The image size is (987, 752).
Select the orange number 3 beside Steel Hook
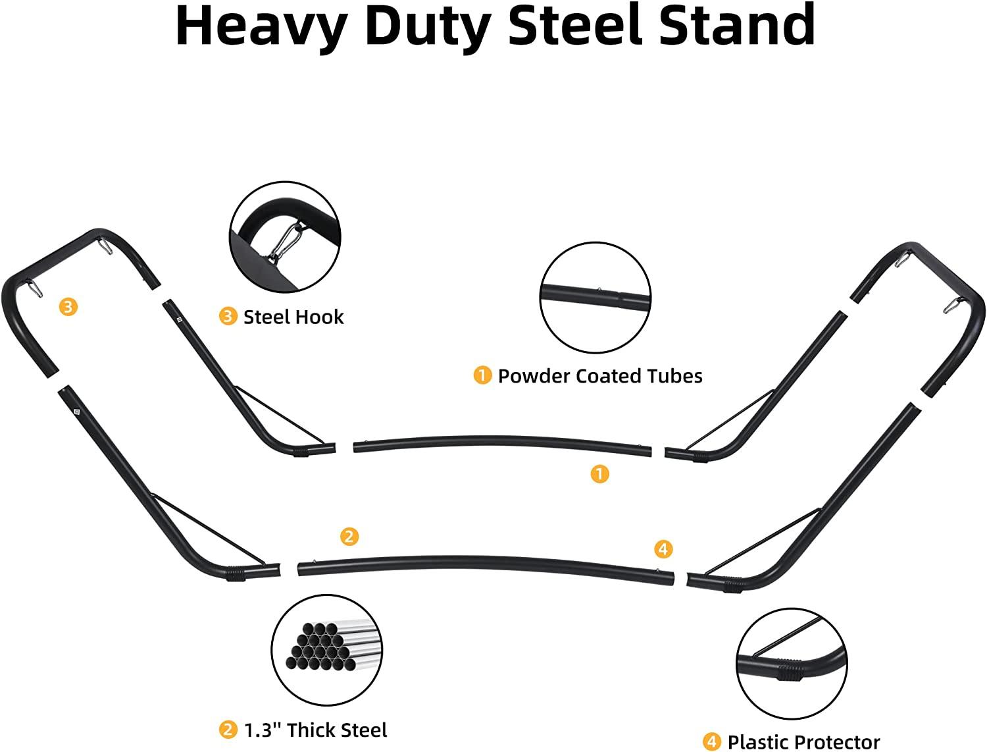click(x=228, y=317)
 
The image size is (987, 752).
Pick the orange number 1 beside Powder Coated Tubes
click(x=482, y=375)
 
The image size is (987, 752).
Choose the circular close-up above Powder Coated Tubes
click(x=595, y=296)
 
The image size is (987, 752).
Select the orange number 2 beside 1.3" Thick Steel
click(x=228, y=730)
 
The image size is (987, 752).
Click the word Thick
click(x=313, y=730)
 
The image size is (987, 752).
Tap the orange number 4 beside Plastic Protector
click(x=712, y=742)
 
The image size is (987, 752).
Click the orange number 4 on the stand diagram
click(x=663, y=549)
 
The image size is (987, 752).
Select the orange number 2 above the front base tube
click(x=349, y=536)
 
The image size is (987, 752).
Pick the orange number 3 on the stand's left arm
click(x=68, y=306)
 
